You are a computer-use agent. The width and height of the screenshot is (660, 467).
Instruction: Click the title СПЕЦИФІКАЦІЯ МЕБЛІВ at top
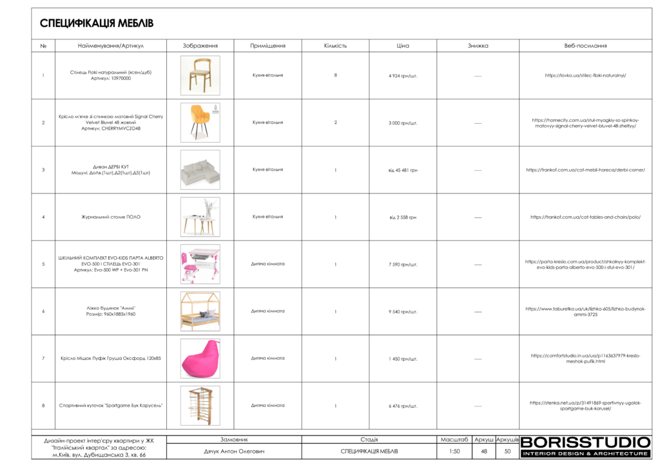click(x=97, y=24)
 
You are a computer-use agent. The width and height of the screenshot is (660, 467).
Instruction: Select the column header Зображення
click(x=200, y=46)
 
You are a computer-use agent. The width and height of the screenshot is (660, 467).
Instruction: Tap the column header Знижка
click(x=478, y=46)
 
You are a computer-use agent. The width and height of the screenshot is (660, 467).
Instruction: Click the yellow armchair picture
click(x=200, y=123)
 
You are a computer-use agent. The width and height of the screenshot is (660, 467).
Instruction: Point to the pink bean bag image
click(x=200, y=358)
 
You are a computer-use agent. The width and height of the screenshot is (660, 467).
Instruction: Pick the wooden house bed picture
click(x=200, y=311)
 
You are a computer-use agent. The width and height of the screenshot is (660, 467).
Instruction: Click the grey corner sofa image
click(x=200, y=170)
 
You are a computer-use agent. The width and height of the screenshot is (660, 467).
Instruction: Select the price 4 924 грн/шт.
click(x=403, y=76)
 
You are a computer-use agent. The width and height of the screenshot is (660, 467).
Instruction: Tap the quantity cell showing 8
click(x=335, y=75)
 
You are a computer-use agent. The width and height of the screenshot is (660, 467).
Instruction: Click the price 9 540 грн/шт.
click(x=403, y=312)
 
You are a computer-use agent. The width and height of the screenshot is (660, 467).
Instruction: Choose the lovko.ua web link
click(x=585, y=75)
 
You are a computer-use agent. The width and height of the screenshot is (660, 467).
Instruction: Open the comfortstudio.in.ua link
click(x=585, y=358)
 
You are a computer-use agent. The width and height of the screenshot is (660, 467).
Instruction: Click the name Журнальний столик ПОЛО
click(x=106, y=217)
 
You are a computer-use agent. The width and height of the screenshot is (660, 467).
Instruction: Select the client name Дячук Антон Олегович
click(x=234, y=452)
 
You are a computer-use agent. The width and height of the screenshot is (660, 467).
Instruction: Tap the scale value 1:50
click(x=454, y=452)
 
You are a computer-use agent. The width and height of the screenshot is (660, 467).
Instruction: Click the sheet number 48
click(x=484, y=452)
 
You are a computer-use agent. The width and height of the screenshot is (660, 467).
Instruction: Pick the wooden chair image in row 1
click(x=200, y=75)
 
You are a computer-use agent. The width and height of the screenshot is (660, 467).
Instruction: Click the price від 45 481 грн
click(x=403, y=170)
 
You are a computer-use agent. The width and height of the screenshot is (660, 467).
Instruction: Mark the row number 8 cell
click(x=43, y=406)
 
